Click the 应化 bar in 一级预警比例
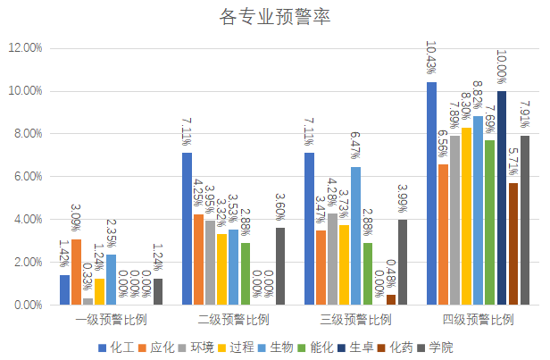(x=76, y=272)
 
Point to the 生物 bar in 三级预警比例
(x=355, y=236)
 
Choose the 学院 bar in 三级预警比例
(x=403, y=262)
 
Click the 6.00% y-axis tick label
(x=26, y=177)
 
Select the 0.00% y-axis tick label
(x=26, y=306)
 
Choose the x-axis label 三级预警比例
(x=354, y=319)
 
